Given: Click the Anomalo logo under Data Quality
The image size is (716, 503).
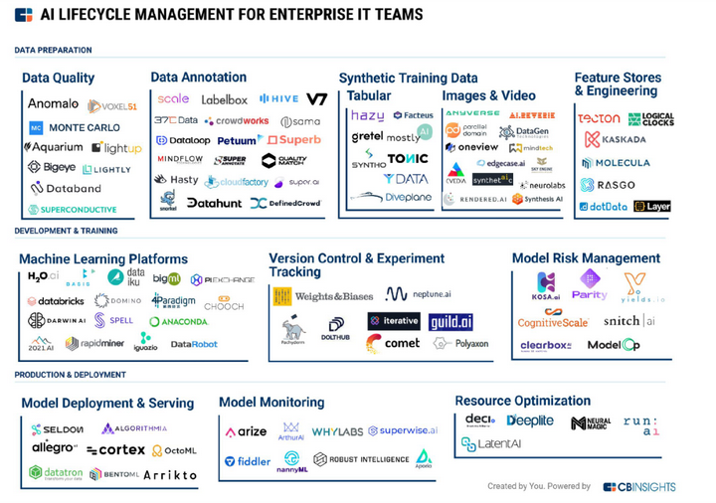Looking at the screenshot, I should pyautogui.click(x=53, y=103).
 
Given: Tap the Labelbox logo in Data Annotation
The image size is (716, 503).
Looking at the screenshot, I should pyautogui.click(x=224, y=99).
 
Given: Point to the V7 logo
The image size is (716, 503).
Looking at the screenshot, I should pyautogui.click(x=316, y=99).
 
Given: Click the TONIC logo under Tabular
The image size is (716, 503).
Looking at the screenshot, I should pyautogui.click(x=408, y=158).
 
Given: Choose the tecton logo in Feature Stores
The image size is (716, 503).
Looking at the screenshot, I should pyautogui.click(x=599, y=118).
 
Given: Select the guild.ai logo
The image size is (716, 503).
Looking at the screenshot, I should pyautogui.click(x=450, y=322).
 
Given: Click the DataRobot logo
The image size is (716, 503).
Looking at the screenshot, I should pyautogui.click(x=194, y=344).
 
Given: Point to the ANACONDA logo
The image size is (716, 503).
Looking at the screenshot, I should pyautogui.click(x=179, y=322).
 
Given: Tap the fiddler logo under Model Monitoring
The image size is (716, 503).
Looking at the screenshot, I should pyautogui.click(x=248, y=461).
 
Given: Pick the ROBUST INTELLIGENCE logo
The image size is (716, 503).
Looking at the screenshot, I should pyautogui.click(x=361, y=459).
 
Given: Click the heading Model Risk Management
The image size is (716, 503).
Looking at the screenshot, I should pyautogui.click(x=586, y=258).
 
